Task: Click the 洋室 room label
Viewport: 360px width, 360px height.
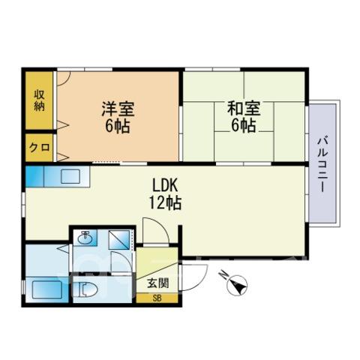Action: [118, 109]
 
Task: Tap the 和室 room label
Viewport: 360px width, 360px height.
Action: [244, 109]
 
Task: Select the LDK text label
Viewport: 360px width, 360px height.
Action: [165, 185]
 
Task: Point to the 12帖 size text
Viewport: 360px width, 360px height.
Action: [165, 202]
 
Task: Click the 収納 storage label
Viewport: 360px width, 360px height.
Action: [39, 100]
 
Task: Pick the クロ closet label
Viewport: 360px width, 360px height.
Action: [40, 147]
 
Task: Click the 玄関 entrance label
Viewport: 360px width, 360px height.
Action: [158, 283]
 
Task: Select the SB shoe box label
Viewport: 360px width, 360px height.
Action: [157, 298]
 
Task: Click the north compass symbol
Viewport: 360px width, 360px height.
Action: [238, 284]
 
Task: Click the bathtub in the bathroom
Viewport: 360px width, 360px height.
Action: [47, 289]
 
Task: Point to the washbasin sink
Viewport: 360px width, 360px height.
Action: [85, 237]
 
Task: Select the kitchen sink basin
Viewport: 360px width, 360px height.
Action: [70, 176]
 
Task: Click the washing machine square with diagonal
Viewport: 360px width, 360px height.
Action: [119, 239]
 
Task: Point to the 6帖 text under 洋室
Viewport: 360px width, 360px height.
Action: [118, 126]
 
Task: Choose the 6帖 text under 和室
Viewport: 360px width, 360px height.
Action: [244, 125]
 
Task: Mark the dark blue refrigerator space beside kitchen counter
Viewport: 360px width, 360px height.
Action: [34, 176]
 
